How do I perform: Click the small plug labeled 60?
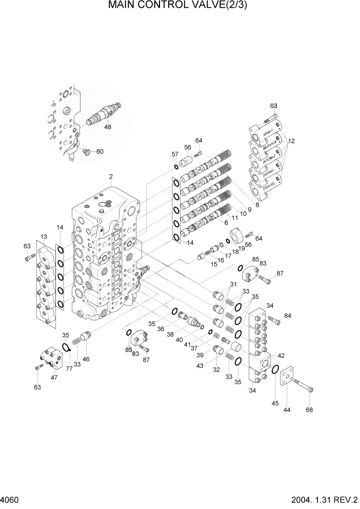click(x=87, y=151)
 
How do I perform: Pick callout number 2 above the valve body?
click(x=110, y=177)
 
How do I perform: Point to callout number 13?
click(x=44, y=236)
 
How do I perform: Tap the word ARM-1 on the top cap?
click(x=268, y=132)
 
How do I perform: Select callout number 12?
click(x=292, y=141)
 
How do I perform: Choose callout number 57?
click(x=175, y=154)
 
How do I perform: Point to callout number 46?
click(x=86, y=359)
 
